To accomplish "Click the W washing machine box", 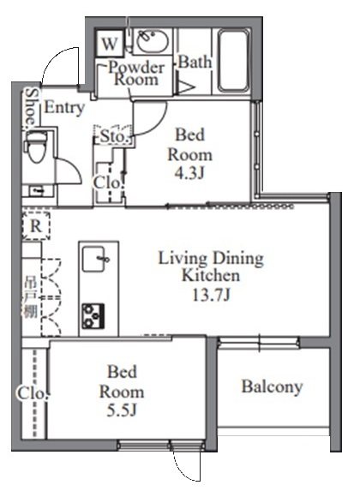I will (x=110, y=42).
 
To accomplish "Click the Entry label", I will (x=63, y=107).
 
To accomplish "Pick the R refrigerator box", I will (x=36, y=226).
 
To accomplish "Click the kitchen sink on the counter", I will (x=95, y=257).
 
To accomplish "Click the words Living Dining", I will (x=210, y=259).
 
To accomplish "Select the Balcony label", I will (x=272, y=386).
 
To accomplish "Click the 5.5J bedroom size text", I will (x=124, y=410).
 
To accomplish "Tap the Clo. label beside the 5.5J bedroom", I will (x=26, y=393).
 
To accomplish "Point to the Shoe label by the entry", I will (x=30, y=105).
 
